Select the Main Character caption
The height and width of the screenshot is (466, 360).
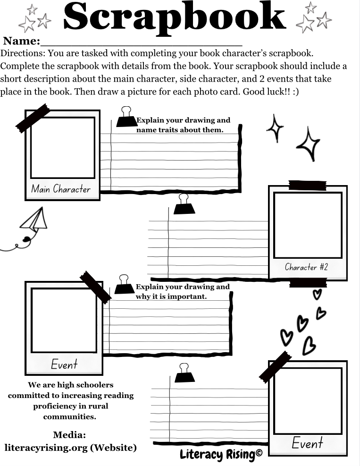(x=61, y=189)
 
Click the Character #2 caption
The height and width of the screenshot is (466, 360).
(x=306, y=267)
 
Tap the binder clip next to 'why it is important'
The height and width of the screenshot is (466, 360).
(x=125, y=285)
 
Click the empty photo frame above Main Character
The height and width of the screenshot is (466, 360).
(x=63, y=148)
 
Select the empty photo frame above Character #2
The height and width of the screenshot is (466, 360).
(x=308, y=225)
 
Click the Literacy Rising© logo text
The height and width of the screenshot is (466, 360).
(x=221, y=455)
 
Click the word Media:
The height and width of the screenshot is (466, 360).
(x=69, y=435)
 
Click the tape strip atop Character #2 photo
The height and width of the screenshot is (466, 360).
(x=307, y=186)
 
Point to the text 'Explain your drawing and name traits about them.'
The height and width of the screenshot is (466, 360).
(x=183, y=125)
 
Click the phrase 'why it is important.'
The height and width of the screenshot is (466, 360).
(x=171, y=297)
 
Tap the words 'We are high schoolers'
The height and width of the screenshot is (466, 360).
(x=70, y=385)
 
